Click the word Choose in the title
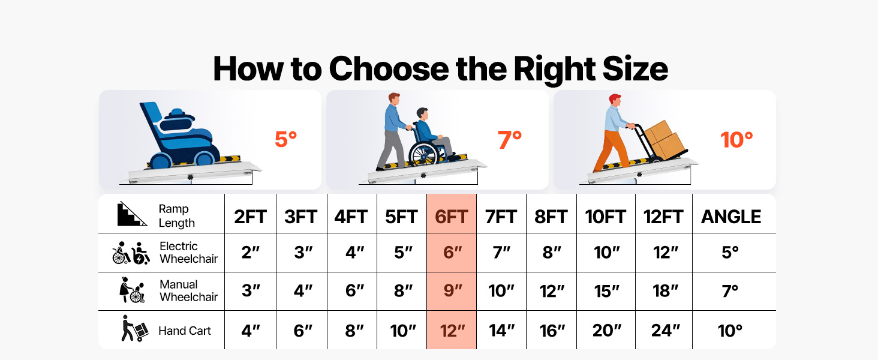click(389, 69)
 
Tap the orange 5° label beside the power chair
click(285, 140)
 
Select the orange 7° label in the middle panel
click(510, 140)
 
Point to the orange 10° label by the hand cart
click(736, 140)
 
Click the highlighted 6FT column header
click(452, 217)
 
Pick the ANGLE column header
click(731, 217)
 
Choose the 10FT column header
click(605, 217)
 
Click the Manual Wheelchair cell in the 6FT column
click(453, 291)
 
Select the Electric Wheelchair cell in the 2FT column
click(251, 253)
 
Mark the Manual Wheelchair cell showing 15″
click(606, 291)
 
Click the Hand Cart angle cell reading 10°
click(730, 331)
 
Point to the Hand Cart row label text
click(185, 331)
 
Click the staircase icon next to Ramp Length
click(132, 214)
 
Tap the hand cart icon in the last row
click(135, 328)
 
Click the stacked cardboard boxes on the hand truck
click(664, 139)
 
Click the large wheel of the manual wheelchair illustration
click(423, 154)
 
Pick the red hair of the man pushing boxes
click(615, 98)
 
